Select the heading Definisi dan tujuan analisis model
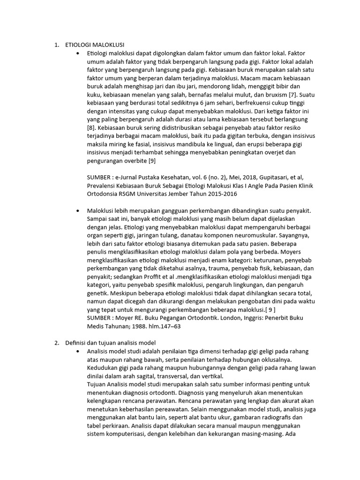[x=121, y=343]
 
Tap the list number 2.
[x=56, y=343]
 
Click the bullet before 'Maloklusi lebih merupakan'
[x=78, y=211]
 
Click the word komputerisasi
[x=123, y=434]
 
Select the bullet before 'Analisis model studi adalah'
[x=78, y=351]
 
